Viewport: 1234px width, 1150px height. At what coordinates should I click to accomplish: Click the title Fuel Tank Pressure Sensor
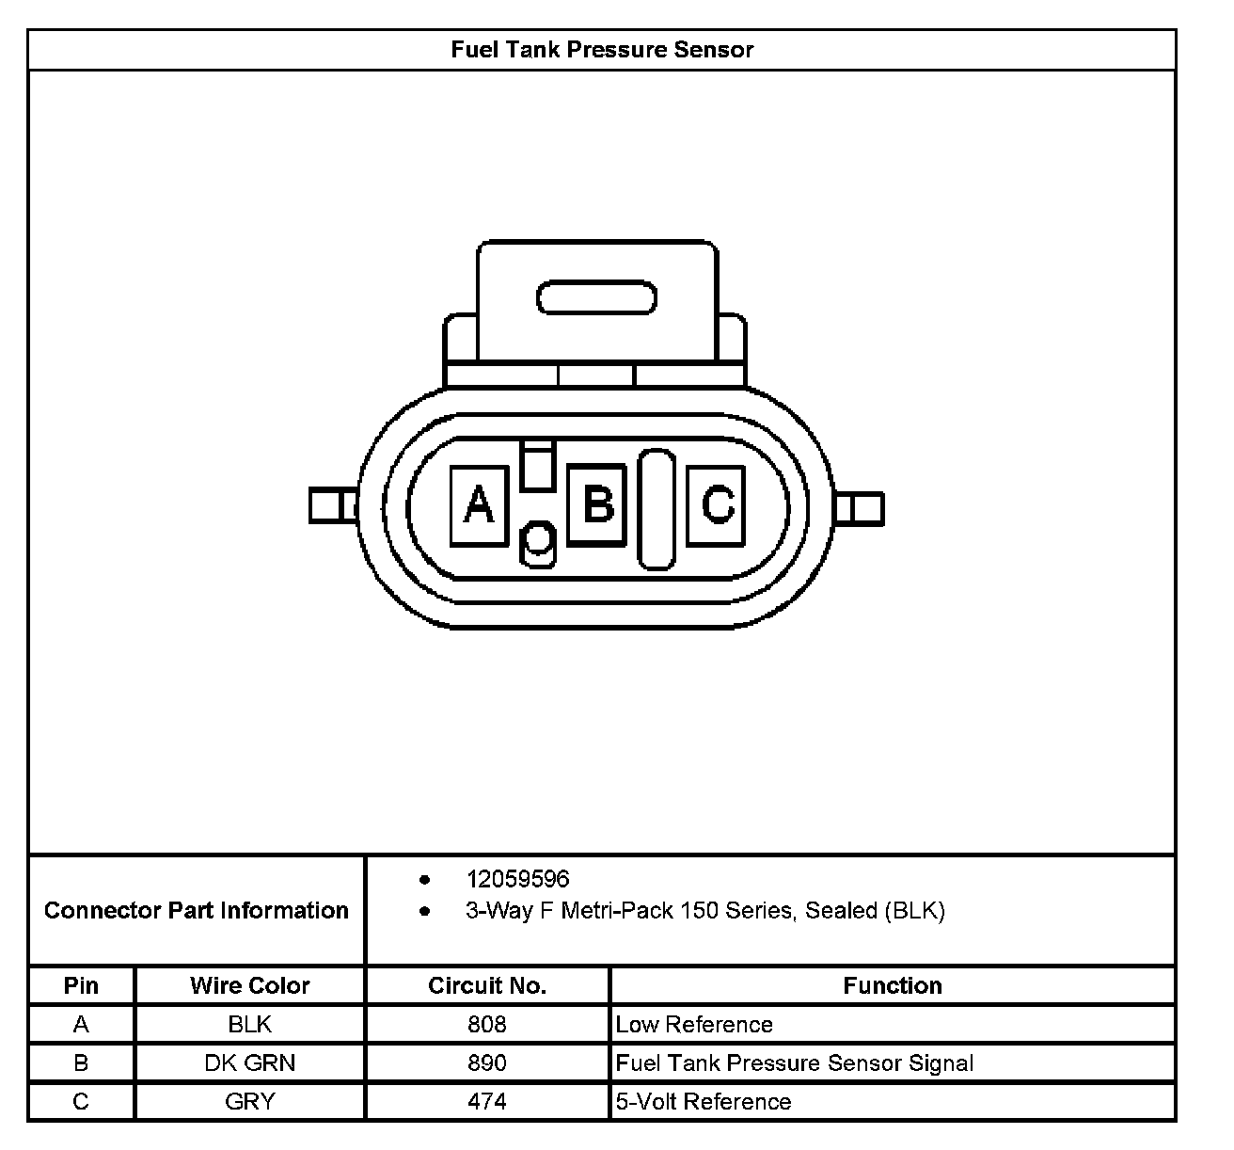(x=602, y=49)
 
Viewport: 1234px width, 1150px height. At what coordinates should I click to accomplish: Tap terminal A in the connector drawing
(x=479, y=505)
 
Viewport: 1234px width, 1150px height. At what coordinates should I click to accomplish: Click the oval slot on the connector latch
(x=596, y=298)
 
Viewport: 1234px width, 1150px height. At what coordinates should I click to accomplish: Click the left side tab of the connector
(x=332, y=505)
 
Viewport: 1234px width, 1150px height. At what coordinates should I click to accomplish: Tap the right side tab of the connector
(x=859, y=508)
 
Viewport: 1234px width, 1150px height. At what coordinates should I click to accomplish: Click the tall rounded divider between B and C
(x=657, y=509)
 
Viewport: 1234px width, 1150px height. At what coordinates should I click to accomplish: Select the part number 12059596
(x=517, y=879)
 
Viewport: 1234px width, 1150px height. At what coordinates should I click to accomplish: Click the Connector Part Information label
(x=196, y=910)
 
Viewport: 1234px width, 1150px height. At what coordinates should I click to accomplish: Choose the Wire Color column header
(x=249, y=985)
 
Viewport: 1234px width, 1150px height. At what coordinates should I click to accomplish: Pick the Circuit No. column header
(x=486, y=985)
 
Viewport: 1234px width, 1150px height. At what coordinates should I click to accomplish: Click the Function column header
(x=892, y=985)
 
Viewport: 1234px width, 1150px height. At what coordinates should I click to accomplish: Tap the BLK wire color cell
(x=249, y=1024)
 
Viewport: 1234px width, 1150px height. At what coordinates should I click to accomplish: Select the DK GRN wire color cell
(x=249, y=1062)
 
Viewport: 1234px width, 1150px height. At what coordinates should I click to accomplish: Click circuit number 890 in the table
(x=486, y=1062)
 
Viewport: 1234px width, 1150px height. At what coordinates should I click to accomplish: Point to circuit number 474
(x=486, y=1101)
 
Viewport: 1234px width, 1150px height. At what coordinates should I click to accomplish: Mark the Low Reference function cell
(x=694, y=1024)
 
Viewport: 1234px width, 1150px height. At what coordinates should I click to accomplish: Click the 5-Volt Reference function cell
(x=704, y=1101)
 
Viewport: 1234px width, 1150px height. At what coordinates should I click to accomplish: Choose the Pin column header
(x=81, y=985)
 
